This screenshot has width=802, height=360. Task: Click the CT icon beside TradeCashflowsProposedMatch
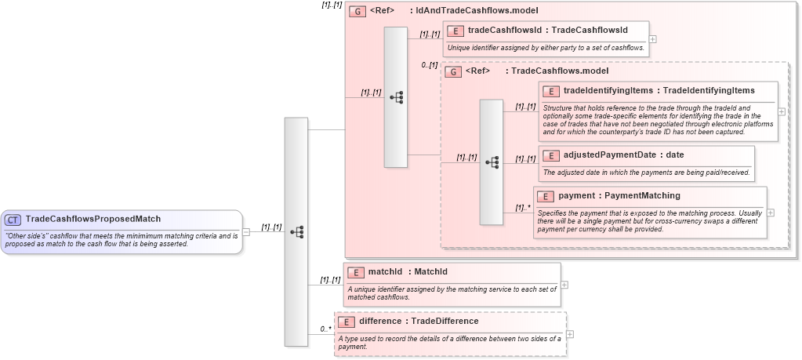pyautogui.click(x=13, y=220)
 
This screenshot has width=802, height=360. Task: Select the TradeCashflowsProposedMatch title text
pyautogui.click(x=93, y=220)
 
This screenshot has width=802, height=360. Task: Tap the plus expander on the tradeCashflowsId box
pyautogui.click(x=653, y=38)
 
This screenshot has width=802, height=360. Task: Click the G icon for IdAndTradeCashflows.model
pyautogui.click(x=357, y=11)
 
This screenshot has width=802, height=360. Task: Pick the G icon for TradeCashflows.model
pyautogui.click(x=453, y=71)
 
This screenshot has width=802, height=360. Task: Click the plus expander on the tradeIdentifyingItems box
pyautogui.click(x=782, y=111)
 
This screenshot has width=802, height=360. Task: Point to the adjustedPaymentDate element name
pyautogui.click(x=610, y=155)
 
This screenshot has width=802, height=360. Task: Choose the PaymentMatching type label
pyautogui.click(x=644, y=195)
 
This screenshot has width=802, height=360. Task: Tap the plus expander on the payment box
pyautogui.click(x=771, y=212)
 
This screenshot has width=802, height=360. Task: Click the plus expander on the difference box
pyautogui.click(x=570, y=334)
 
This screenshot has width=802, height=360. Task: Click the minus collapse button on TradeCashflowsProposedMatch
pyautogui.click(x=246, y=231)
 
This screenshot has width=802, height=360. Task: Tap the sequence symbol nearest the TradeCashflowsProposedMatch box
pyautogui.click(x=296, y=231)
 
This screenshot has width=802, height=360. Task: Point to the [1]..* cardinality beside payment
pyautogui.click(x=523, y=208)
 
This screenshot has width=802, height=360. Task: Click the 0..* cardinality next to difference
pyautogui.click(x=325, y=329)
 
